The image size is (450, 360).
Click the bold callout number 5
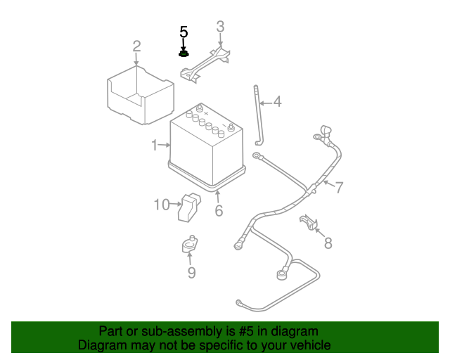pos(184,32)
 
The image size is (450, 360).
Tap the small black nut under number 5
pos(184,53)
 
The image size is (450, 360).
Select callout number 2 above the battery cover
pos(136,46)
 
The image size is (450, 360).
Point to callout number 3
pos(220,27)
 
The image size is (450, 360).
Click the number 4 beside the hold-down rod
pos(277,102)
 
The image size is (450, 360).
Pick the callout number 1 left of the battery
pos(155,145)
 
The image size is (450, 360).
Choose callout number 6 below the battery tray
pos(219,210)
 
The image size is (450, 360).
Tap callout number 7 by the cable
pos(339,188)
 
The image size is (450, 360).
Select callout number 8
pos(328,243)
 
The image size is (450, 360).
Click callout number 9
pos(191,272)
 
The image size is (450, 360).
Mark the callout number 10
pos(162,205)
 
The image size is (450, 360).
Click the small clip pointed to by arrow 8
pos(309,222)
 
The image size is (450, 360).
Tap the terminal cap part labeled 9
pos(189,244)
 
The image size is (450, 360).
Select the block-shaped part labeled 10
pos(189,207)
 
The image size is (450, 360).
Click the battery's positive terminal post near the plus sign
pos(199,108)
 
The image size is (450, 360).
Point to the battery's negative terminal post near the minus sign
pos(231,127)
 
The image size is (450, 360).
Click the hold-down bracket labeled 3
pos(205,65)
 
